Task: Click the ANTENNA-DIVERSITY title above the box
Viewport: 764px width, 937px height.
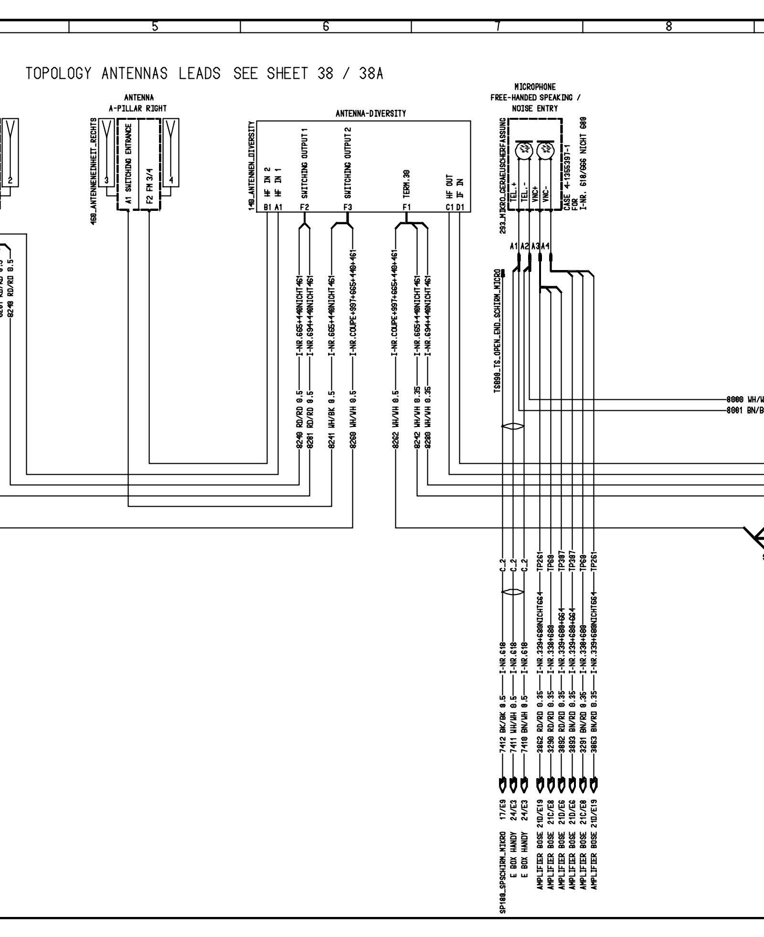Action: (x=371, y=114)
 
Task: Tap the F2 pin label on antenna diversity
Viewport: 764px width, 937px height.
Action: (x=305, y=208)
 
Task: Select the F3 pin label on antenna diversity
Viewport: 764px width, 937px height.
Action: (x=347, y=208)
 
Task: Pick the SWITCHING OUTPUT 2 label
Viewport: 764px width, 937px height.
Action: (x=348, y=163)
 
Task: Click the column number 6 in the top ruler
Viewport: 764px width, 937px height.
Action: (x=326, y=27)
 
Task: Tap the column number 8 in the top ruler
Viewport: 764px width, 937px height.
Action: (x=668, y=27)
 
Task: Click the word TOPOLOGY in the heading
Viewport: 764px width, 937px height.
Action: (x=58, y=74)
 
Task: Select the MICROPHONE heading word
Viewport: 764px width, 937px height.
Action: (x=535, y=87)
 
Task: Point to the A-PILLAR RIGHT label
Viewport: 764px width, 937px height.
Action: (x=138, y=108)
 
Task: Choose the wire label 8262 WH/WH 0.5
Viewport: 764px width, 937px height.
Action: (x=395, y=420)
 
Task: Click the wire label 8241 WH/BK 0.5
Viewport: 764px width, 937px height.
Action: (x=331, y=420)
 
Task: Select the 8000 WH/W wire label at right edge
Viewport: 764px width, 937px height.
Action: (x=745, y=399)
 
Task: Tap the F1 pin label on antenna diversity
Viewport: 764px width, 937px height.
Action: (x=406, y=208)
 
